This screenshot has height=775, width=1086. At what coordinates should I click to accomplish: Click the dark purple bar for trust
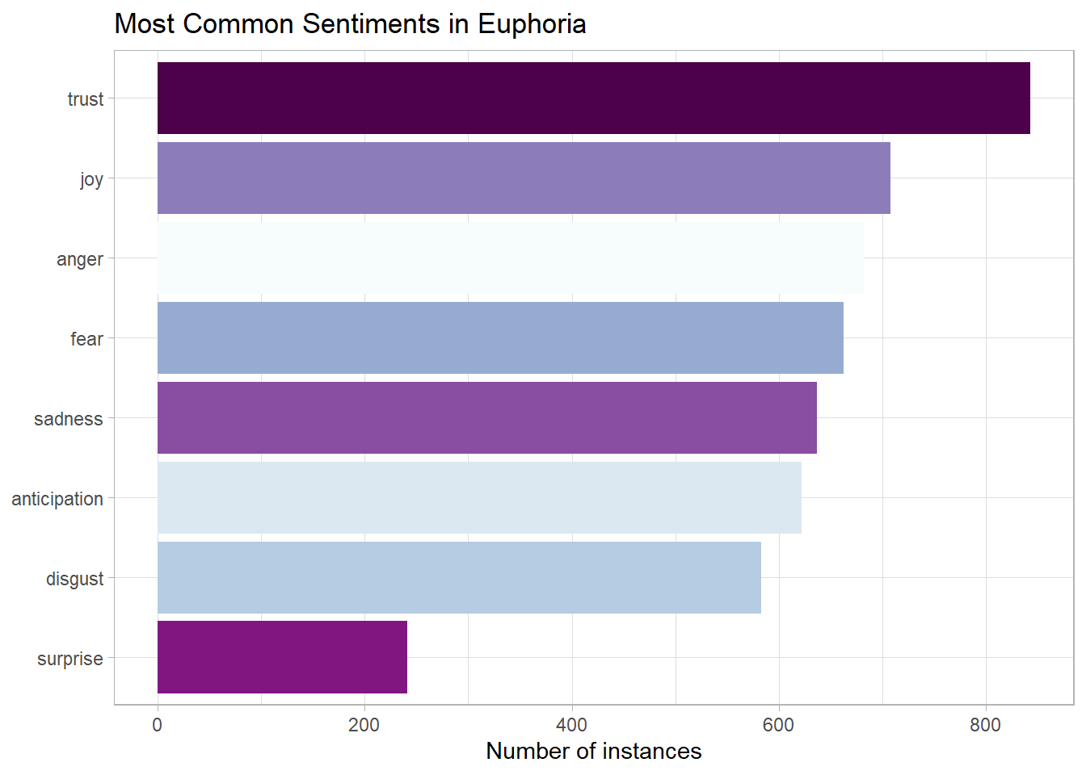click(593, 98)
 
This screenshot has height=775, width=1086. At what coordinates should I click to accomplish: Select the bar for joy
click(524, 178)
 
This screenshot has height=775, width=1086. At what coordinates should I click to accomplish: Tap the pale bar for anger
click(510, 258)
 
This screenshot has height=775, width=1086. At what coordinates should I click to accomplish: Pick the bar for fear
click(500, 337)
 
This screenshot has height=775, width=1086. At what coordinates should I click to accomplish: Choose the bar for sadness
click(486, 417)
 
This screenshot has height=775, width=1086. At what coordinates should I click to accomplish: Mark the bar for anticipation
click(479, 497)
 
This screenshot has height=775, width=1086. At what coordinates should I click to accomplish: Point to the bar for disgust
click(459, 577)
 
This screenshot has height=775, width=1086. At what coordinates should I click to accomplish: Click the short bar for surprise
click(282, 657)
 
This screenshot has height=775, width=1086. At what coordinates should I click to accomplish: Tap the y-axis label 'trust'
click(86, 99)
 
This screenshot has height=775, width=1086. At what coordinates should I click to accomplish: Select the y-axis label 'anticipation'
click(57, 499)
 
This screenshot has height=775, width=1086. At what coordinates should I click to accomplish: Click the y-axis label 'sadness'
click(69, 419)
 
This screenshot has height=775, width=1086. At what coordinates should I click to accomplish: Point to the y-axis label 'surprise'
click(70, 659)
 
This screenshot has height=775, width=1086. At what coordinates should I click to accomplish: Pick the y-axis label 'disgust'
click(75, 579)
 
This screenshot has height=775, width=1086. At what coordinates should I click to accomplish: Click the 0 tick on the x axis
click(158, 724)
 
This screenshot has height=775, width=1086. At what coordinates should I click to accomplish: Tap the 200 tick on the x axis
click(364, 724)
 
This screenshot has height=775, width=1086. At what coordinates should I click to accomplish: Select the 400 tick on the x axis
click(572, 724)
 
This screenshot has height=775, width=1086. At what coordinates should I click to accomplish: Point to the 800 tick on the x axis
click(986, 724)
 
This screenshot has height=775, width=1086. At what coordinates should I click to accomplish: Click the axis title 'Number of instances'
click(594, 751)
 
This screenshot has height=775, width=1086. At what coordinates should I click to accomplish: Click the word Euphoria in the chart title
click(532, 24)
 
